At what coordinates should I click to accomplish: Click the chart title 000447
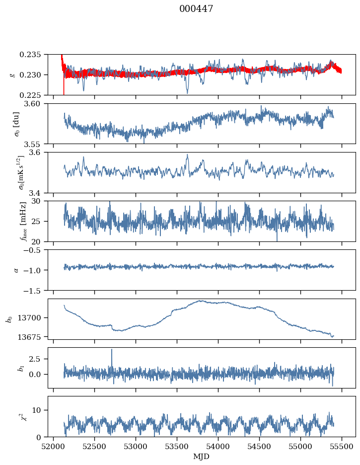(x=196, y=9)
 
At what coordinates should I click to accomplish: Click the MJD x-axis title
(x=202, y=457)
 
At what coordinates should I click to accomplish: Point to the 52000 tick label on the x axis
(x=54, y=446)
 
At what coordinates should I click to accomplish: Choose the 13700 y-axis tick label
(x=34, y=317)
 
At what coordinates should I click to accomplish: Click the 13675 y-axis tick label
(x=34, y=336)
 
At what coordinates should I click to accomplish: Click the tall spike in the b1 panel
(x=112, y=351)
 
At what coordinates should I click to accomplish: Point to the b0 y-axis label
(x=9, y=319)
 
